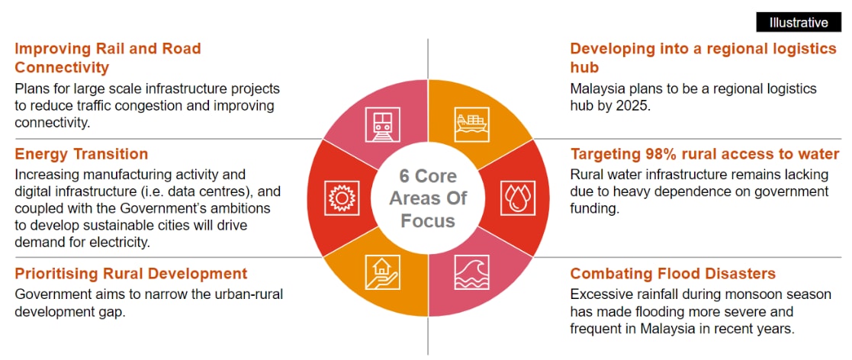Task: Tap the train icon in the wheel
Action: click(x=383, y=125)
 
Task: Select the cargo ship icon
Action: click(x=471, y=124)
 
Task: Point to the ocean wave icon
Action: click(x=471, y=272)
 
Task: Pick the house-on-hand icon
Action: click(x=383, y=272)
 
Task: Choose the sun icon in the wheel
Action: click(x=342, y=198)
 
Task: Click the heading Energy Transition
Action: click(x=82, y=154)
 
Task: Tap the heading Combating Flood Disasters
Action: click(x=673, y=273)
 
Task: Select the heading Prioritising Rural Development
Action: click(x=131, y=273)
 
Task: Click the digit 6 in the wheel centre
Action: click(x=406, y=176)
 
